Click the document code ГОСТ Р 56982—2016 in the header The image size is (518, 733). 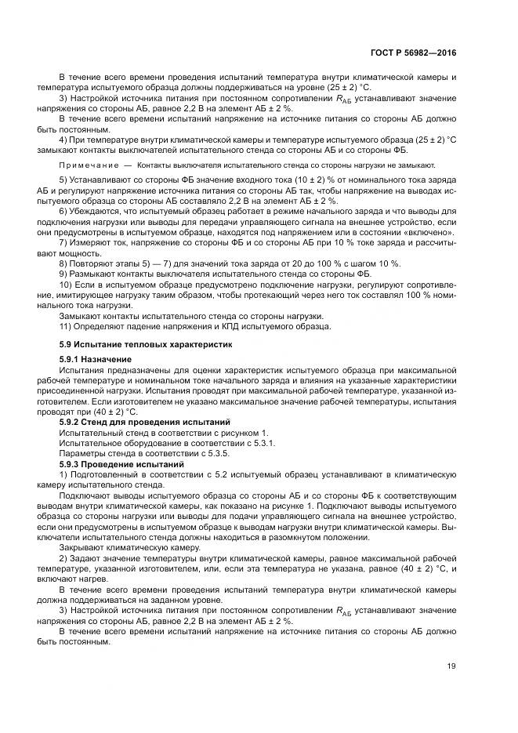tap(413, 53)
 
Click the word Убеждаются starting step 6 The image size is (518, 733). tap(96, 212)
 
